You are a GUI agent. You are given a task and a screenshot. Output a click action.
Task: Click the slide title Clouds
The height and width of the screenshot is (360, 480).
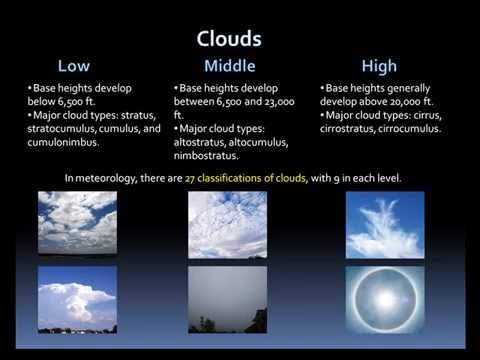tap(230, 39)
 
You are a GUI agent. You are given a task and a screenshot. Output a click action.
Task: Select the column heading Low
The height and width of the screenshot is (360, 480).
tap(74, 67)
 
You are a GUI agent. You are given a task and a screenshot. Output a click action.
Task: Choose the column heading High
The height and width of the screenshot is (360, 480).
tap(379, 67)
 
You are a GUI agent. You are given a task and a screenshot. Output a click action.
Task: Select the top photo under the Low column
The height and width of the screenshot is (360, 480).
tap(77, 224)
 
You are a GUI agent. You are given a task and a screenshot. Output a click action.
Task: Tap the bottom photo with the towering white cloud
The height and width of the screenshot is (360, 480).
tap(77, 299)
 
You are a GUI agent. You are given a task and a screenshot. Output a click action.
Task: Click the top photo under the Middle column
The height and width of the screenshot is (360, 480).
tap(227, 224)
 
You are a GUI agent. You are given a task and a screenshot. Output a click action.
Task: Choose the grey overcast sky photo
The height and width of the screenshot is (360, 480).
tap(227, 299)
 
